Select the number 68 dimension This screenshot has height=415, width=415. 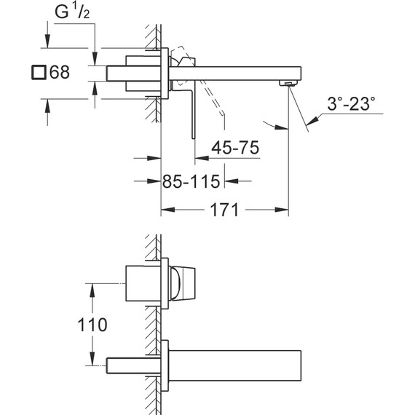(x=60, y=73)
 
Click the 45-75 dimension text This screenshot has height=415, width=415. (x=234, y=148)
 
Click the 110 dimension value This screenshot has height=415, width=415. (x=94, y=325)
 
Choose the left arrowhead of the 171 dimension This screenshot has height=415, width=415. (x=165, y=210)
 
